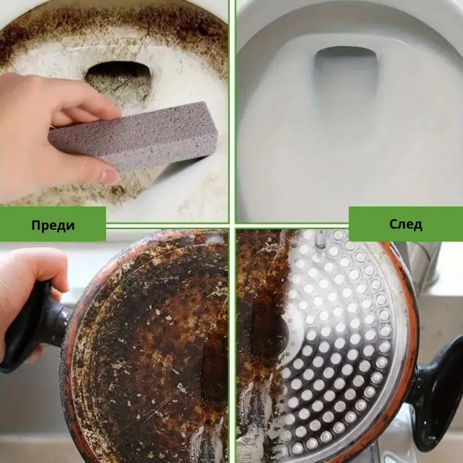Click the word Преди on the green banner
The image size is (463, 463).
53,225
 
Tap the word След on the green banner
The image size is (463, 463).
406,224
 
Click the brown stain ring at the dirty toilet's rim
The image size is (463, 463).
115,24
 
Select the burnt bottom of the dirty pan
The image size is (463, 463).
148,348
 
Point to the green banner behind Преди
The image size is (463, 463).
53,224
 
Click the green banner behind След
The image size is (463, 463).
406,224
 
